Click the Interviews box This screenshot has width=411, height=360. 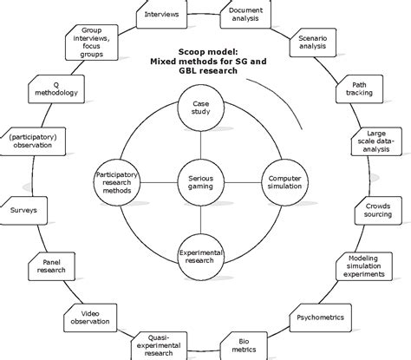[x=161, y=15]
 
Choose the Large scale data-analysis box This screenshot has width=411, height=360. [x=378, y=147]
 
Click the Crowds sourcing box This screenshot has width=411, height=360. [x=378, y=213]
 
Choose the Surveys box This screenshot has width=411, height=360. [x=25, y=209]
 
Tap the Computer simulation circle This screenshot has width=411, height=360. [x=280, y=180]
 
